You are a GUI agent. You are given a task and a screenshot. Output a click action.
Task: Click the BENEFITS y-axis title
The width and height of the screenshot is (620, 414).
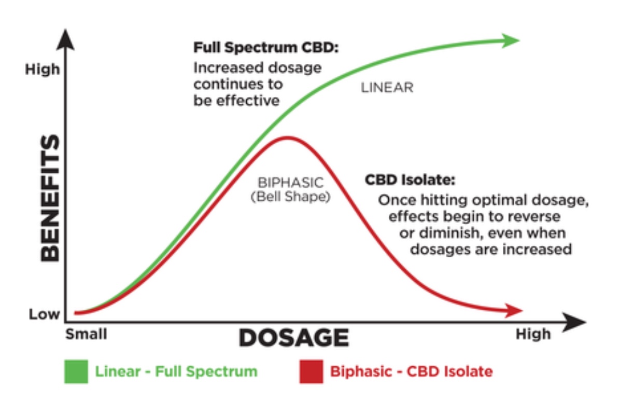(x=50, y=198)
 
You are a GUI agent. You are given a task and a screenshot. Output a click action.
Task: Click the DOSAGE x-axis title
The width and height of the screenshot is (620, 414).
(x=294, y=338)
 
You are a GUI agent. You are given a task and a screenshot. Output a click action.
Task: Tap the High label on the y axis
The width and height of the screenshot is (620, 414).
(x=43, y=70)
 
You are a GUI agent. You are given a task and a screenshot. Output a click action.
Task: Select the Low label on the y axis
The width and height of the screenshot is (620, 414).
(x=44, y=314)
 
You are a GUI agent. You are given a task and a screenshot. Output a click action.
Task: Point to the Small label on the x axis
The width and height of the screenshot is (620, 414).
(x=86, y=334)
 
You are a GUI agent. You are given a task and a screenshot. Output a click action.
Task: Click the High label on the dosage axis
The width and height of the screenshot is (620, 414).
(x=533, y=334)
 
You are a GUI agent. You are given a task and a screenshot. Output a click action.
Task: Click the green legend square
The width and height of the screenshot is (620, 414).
(x=76, y=371)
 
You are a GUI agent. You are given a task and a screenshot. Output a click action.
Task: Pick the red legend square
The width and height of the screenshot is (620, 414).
(x=311, y=371)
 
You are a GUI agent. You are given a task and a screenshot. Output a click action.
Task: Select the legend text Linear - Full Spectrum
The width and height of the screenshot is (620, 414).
(x=176, y=371)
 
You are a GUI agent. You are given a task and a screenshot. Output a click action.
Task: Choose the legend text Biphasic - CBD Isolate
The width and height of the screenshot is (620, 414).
(x=411, y=371)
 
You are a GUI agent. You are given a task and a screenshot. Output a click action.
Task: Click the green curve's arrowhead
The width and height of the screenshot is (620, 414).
(x=511, y=40)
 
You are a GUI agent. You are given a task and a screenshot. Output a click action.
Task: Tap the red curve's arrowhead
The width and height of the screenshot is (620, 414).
(x=514, y=311)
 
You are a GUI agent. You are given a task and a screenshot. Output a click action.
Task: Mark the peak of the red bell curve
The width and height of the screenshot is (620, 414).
(x=288, y=137)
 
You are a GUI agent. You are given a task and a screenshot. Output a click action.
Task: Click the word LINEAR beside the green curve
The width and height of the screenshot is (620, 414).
(x=387, y=88)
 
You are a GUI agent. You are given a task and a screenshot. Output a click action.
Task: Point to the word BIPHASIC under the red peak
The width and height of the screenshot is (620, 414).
(x=291, y=183)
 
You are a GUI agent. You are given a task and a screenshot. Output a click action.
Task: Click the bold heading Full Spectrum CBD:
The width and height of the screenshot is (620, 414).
(x=266, y=48)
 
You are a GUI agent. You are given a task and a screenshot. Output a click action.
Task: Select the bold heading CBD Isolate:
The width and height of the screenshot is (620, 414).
(x=410, y=180)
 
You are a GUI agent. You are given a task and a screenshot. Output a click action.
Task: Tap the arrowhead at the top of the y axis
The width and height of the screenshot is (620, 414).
(x=66, y=39)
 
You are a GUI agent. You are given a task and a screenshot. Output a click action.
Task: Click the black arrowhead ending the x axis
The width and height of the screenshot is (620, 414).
(x=574, y=322)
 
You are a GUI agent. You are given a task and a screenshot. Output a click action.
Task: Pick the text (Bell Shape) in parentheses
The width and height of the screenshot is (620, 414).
(x=291, y=197)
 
